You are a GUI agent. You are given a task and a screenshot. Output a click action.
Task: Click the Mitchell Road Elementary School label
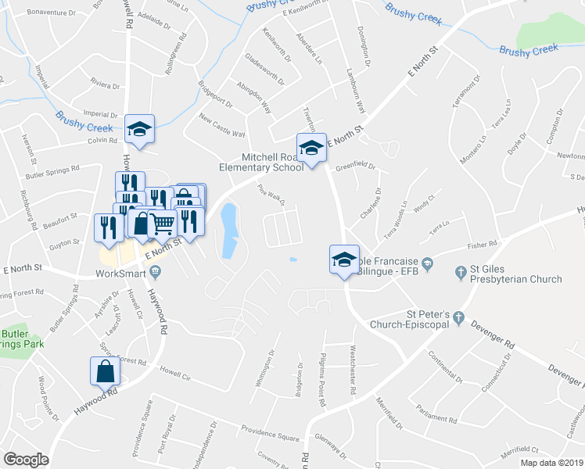272,162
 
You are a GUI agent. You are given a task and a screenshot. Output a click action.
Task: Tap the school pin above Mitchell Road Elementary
310,148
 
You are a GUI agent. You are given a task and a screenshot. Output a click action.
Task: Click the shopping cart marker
162,224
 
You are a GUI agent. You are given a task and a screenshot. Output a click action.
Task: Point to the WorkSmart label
121,274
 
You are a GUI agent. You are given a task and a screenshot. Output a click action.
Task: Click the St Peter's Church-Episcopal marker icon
458,318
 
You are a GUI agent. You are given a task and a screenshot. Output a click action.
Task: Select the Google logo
26,460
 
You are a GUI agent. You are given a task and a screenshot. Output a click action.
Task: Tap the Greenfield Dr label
356,166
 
